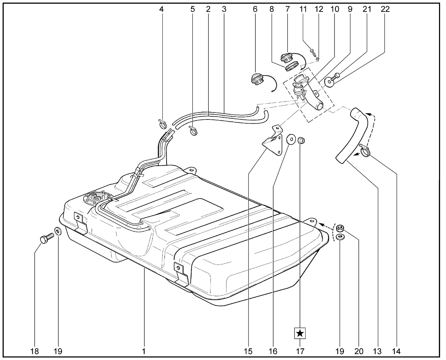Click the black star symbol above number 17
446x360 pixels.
click(300, 333)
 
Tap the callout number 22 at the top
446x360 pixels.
click(385, 9)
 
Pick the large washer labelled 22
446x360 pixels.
click(329, 81)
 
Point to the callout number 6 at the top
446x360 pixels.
click(255, 9)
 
